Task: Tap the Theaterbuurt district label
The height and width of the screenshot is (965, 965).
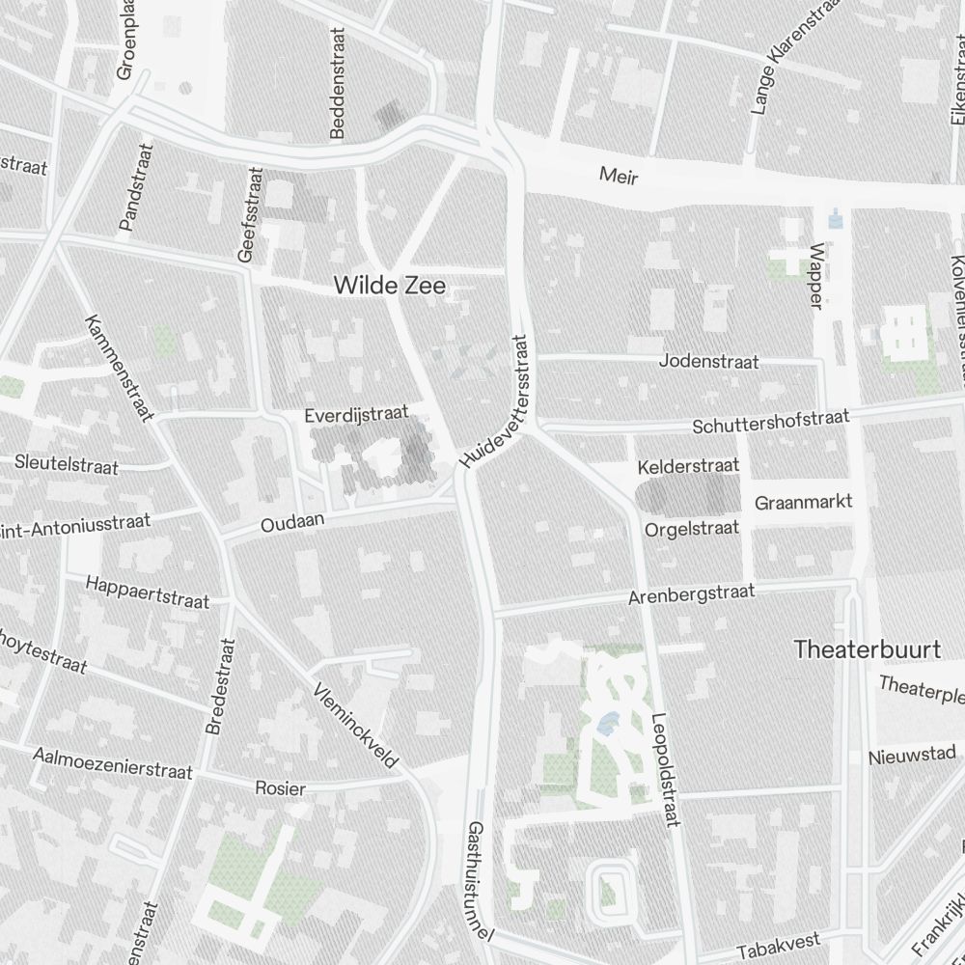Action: click(x=867, y=649)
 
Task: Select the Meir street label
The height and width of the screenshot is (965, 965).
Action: click(x=619, y=176)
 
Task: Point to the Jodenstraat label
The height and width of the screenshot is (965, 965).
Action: click(x=708, y=362)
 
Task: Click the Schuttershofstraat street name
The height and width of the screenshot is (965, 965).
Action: click(x=771, y=422)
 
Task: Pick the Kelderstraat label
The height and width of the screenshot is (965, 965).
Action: click(x=689, y=466)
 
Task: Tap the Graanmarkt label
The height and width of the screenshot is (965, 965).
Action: click(x=803, y=503)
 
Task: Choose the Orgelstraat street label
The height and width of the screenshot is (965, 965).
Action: click(x=692, y=529)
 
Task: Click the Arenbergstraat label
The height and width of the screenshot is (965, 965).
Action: click(x=691, y=593)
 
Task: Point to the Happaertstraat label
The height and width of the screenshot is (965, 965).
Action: click(x=148, y=592)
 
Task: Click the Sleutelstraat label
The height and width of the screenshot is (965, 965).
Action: click(x=67, y=464)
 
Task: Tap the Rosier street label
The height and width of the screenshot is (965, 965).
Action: click(x=280, y=788)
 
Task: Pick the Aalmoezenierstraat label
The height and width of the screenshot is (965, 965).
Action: click(x=113, y=762)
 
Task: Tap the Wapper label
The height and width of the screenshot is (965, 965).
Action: click(x=817, y=275)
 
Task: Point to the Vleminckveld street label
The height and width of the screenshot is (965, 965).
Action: click(x=356, y=726)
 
